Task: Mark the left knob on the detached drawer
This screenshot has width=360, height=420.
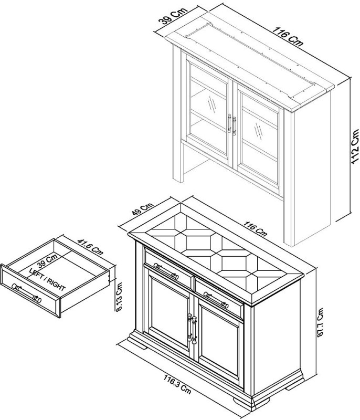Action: tap(16, 288)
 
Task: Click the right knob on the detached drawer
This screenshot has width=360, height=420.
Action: tap(37, 299)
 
